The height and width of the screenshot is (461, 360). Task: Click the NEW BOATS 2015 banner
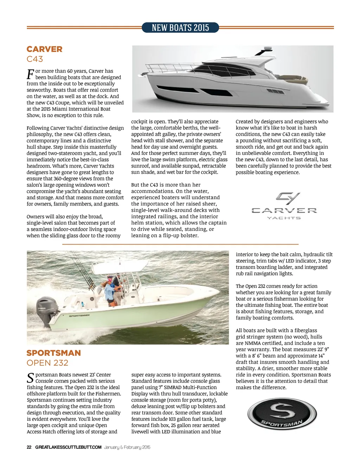pyautogui.click(x=180, y=27)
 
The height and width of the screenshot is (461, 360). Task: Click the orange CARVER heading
pyautogui.click(x=44, y=49)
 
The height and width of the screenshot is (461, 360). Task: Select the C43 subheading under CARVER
pyautogui.click(x=35, y=59)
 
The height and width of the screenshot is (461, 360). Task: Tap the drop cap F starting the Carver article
pyautogui.click(x=30, y=74)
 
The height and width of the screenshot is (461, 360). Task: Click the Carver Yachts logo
pyautogui.click(x=284, y=206)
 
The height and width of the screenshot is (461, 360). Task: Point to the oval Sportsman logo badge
pyautogui.click(x=280, y=415)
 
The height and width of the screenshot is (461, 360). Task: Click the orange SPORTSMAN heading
pyautogui.click(x=54, y=353)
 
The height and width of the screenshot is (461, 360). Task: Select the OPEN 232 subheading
pyautogui.click(x=47, y=363)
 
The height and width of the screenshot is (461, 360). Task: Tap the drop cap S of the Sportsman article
pyautogui.click(x=30, y=378)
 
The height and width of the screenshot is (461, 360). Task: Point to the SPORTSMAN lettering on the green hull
pyautogui.click(x=79, y=316)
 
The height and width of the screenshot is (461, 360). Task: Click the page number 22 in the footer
pyautogui.click(x=29, y=447)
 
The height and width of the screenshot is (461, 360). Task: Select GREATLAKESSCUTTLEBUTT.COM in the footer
pyautogui.click(x=68, y=447)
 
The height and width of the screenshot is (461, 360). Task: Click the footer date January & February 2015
pyautogui.click(x=127, y=447)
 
